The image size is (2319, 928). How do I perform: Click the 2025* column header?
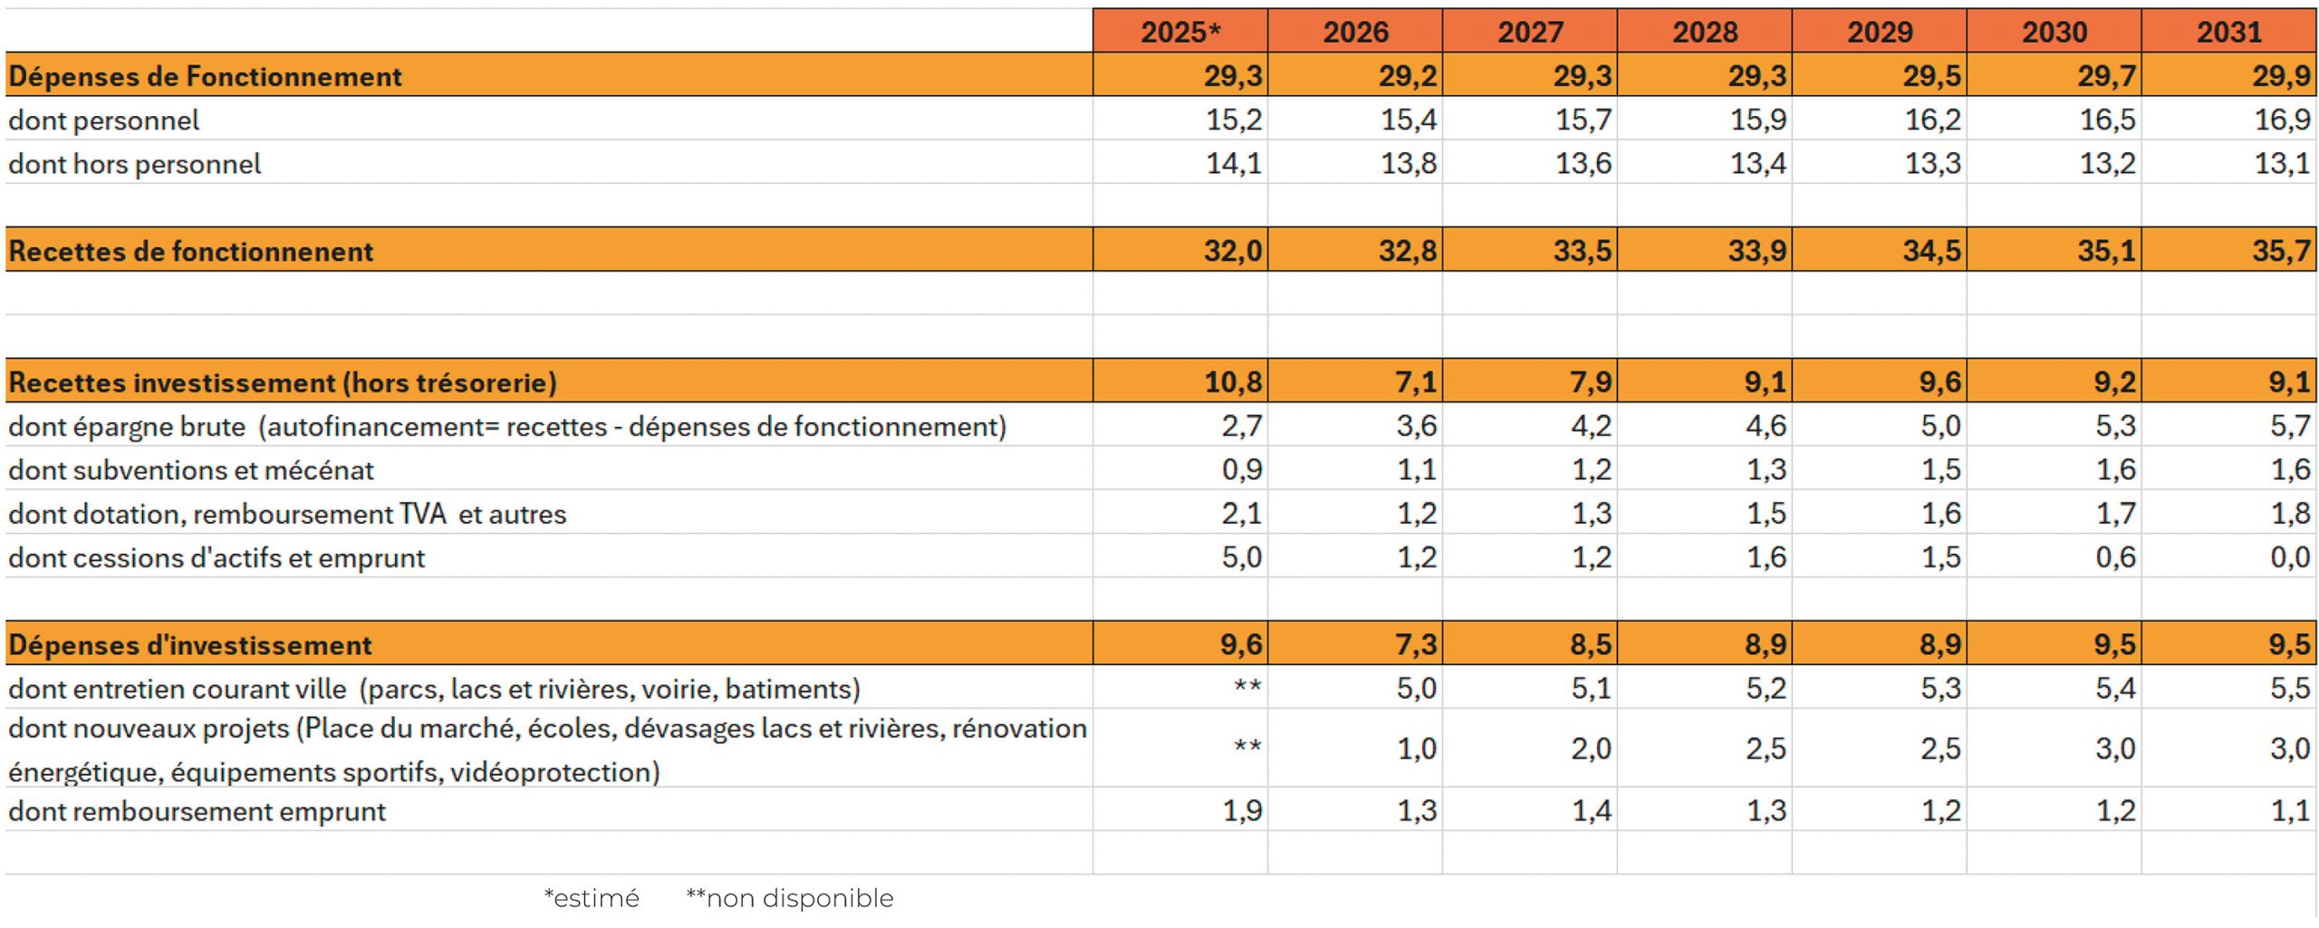1179,32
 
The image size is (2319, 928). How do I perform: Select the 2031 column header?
2228,32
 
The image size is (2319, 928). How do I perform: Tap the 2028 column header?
1704,32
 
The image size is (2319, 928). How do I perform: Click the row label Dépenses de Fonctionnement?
205,76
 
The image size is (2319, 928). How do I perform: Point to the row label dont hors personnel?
135,164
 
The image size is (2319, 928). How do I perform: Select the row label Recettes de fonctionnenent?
191,251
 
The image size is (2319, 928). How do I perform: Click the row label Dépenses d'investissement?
190,645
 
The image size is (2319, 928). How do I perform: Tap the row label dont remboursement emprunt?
197,811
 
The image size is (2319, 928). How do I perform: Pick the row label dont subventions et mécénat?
191,470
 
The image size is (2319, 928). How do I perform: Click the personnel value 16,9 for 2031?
2282,120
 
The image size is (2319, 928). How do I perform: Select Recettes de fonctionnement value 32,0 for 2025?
1233,251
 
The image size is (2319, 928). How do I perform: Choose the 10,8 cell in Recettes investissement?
1233,382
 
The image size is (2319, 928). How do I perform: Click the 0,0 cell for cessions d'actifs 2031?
2289,557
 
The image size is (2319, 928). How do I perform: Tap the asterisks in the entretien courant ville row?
1247,687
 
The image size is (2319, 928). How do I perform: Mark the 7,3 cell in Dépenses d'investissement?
1415,645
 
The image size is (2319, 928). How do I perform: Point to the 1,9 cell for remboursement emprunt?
1242,811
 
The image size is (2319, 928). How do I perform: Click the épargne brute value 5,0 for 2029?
1940,426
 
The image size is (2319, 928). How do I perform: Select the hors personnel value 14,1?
1234,164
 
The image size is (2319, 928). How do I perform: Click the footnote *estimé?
592,898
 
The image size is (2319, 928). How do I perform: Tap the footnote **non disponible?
789,898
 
